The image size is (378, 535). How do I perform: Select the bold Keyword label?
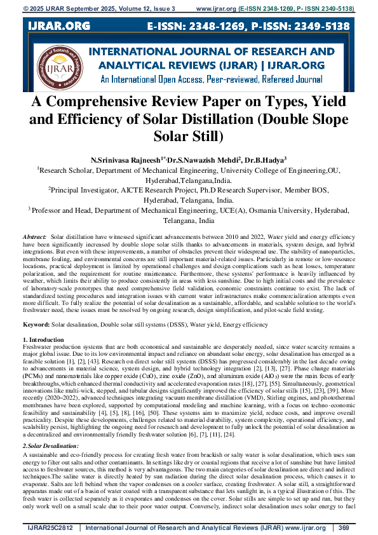(36, 324)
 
